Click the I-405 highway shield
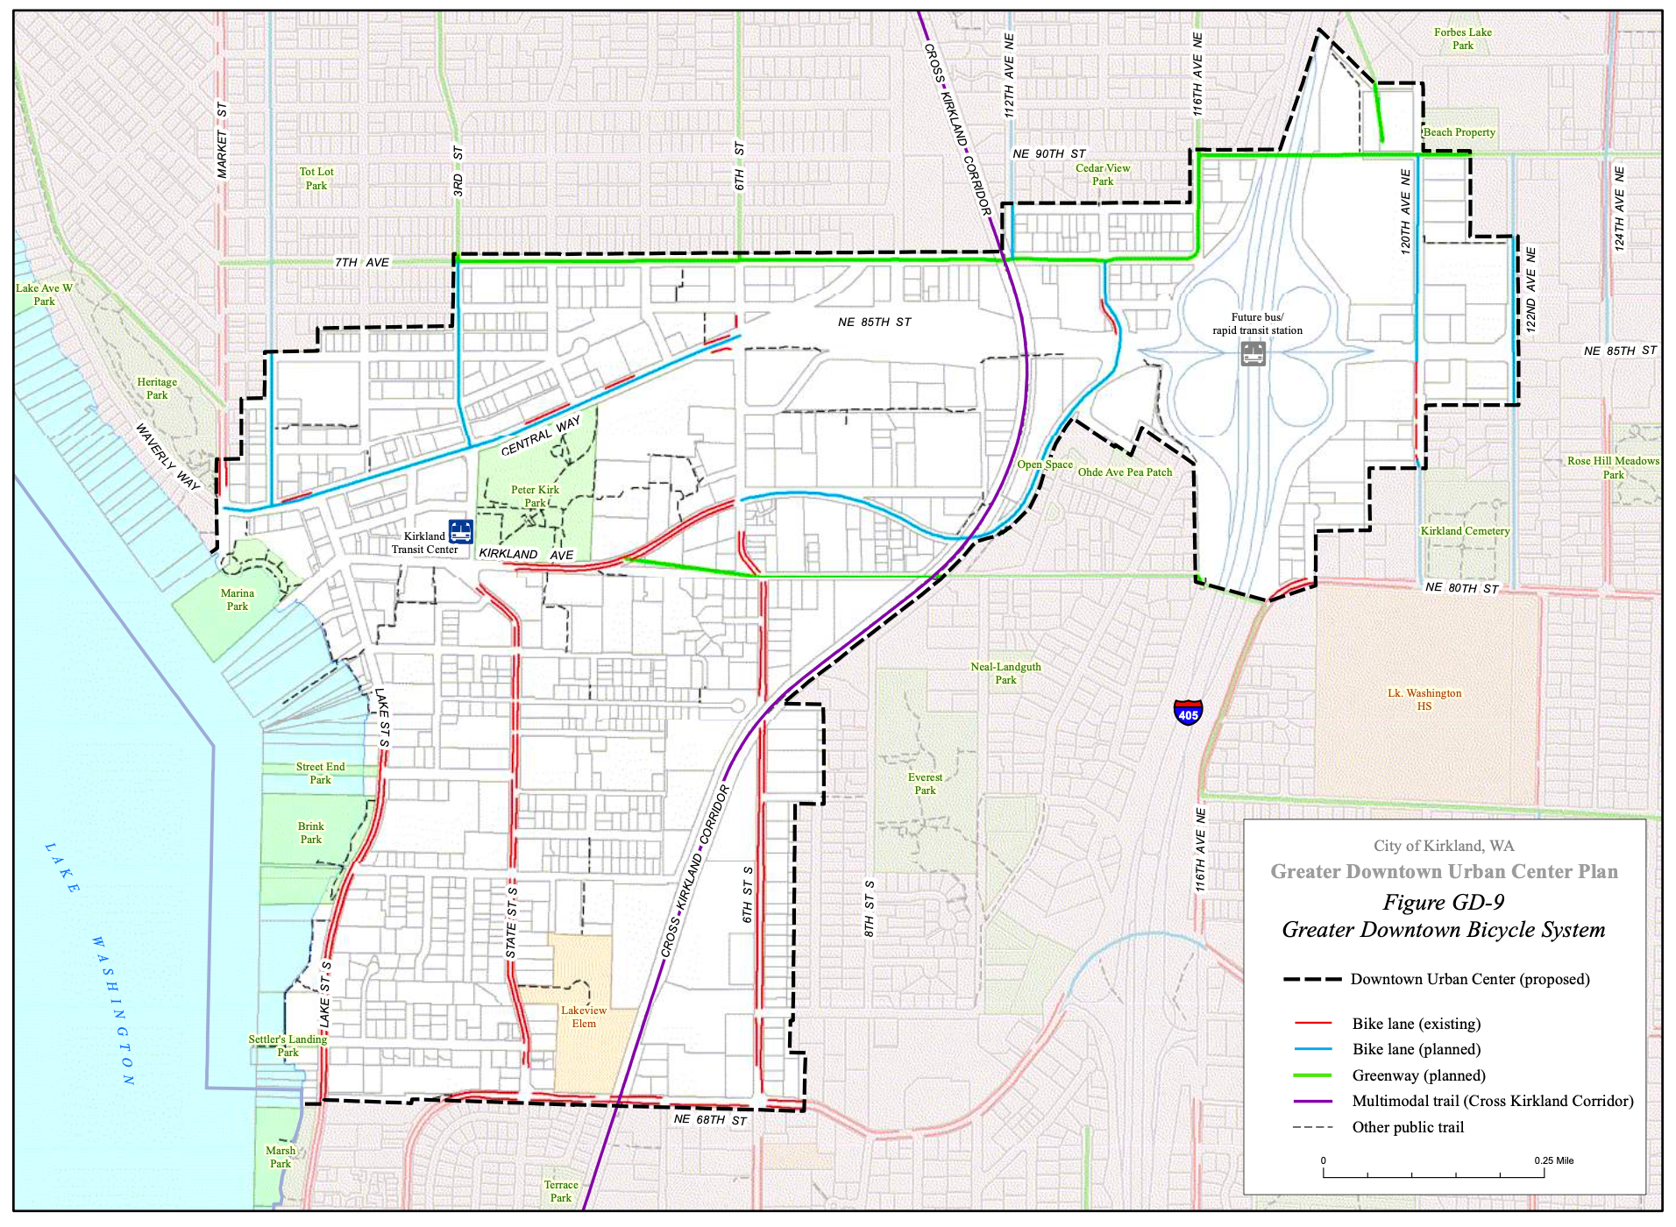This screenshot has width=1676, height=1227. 1188,712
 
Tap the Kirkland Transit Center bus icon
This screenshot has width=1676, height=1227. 460,531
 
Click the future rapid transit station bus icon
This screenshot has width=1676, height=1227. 1253,354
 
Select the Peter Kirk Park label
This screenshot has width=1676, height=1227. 535,496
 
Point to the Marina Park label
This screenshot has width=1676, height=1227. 238,599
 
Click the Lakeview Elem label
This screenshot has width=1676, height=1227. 584,1017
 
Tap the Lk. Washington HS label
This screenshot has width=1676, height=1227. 1424,699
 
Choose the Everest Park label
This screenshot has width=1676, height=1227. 925,784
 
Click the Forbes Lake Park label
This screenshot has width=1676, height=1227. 1462,39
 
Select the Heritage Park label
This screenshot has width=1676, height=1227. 157,388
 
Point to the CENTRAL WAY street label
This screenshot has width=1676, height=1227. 540,436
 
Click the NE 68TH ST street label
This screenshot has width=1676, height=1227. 710,1119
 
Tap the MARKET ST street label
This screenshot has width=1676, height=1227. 222,140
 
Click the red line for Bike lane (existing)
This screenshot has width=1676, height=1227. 1312,1024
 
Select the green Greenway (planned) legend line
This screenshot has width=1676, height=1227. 1312,1075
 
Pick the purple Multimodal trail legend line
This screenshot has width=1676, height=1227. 1312,1101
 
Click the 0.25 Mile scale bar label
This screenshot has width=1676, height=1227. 1553,1160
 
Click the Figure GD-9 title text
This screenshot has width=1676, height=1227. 1443,902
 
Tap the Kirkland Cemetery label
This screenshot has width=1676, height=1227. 1465,531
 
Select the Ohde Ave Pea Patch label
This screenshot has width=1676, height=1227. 1125,472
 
